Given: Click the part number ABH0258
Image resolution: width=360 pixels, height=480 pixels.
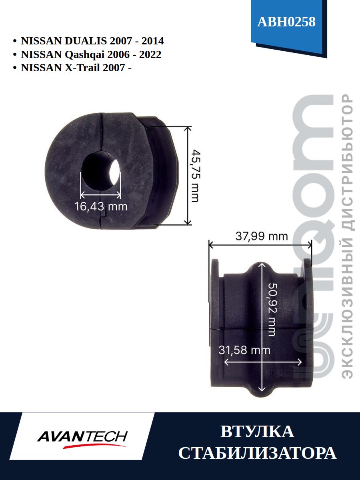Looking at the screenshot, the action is coord(286,22).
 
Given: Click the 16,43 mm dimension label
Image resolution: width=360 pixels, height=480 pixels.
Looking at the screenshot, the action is coord(101,206).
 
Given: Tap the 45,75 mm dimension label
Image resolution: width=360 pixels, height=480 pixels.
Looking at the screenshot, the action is coord(195,176).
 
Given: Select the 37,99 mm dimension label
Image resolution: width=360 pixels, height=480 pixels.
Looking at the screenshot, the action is coord(262,236).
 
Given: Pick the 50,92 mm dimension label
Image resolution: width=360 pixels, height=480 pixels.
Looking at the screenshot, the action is coord(272,310).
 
